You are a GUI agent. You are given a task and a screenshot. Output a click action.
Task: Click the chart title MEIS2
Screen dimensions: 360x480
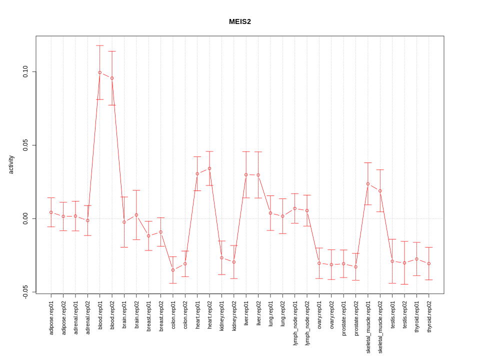[x=240, y=21]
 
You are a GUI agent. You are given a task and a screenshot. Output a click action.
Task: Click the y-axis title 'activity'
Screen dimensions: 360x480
[x=11, y=164]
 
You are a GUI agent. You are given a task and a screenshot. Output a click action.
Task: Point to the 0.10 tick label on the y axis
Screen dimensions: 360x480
[x=25, y=72]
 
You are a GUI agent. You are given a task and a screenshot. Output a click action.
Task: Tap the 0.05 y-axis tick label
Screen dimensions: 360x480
[x=25, y=145]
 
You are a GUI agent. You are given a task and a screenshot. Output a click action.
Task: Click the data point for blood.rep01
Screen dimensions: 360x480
[x=100, y=72]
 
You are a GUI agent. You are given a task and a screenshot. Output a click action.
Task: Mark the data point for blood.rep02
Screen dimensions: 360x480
[x=112, y=78]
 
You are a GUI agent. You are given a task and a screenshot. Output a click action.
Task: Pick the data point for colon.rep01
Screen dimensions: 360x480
[x=173, y=270]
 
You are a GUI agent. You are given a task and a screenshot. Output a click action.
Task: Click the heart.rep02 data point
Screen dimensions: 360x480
[x=209, y=168]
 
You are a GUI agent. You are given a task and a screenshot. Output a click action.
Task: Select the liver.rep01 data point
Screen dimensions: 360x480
[x=246, y=174]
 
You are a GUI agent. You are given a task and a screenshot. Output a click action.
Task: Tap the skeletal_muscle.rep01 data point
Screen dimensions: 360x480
[x=368, y=184]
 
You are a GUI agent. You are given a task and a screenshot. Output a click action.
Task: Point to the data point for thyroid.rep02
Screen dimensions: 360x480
[x=429, y=263]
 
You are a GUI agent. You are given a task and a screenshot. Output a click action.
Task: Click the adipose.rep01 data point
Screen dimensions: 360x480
[x=51, y=212]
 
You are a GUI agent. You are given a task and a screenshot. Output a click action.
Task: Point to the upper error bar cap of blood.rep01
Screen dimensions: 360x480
[x=100, y=45]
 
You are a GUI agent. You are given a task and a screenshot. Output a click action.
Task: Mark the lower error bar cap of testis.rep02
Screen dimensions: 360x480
[x=404, y=284]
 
